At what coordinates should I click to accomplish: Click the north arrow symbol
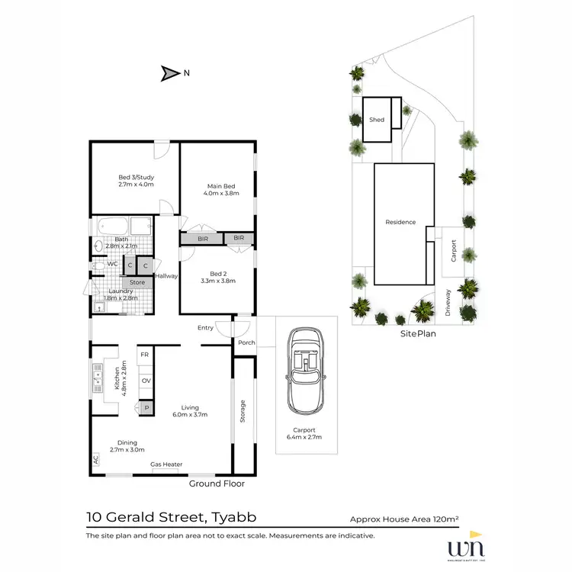click(x=168, y=74)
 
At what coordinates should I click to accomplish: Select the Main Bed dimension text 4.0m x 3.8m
click(x=221, y=194)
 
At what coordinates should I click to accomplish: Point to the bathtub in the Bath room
click(x=112, y=227)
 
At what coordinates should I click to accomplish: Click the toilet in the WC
click(x=98, y=264)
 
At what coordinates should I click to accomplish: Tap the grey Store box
click(x=137, y=282)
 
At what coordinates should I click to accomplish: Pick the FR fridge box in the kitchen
click(x=144, y=355)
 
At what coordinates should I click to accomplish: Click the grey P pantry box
click(x=145, y=409)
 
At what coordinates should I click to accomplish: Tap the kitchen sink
click(x=98, y=376)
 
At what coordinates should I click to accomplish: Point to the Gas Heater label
click(x=166, y=464)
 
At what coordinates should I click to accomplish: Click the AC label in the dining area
click(x=95, y=460)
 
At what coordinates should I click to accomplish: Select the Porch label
click(x=246, y=342)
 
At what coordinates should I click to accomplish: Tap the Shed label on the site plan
click(x=377, y=120)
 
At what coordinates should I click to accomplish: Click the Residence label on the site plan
click(x=400, y=222)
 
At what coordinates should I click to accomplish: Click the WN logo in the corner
click(x=468, y=548)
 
